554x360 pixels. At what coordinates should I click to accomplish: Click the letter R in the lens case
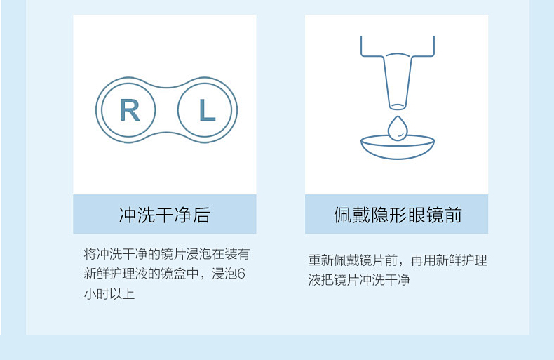point(130,110)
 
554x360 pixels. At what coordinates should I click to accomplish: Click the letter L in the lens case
point(207,110)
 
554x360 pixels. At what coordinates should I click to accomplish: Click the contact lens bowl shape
point(398,149)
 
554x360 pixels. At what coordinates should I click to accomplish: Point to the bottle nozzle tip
point(398,105)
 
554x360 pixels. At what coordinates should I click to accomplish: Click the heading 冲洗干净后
point(165,215)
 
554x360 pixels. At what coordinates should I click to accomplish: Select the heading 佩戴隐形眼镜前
point(398,215)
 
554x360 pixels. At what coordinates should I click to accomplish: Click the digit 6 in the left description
point(241,274)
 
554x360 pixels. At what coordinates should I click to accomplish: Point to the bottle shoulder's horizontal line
point(398,55)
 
